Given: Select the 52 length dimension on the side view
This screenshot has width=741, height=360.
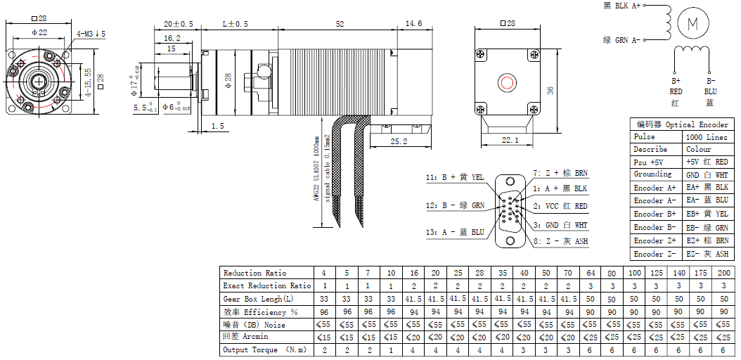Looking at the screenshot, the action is (340, 24).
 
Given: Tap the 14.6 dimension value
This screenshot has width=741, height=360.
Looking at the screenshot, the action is (413, 24).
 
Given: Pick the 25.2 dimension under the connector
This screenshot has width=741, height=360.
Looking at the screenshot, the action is (399, 141).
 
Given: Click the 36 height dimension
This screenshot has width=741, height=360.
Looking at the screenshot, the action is (550, 90).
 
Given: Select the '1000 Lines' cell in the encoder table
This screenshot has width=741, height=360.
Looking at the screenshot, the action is (707, 137).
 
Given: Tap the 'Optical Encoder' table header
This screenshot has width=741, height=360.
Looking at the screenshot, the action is (697, 124).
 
